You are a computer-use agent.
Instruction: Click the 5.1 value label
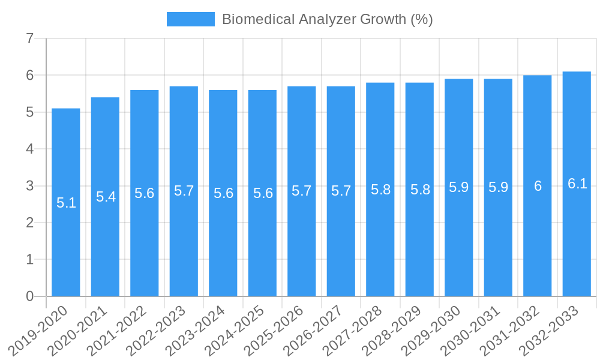(66, 203)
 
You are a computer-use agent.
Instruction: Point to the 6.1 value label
(577, 184)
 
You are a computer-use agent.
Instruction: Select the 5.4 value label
(106, 197)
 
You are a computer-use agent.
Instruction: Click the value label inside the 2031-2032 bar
(538, 187)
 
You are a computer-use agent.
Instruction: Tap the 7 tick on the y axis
(30, 39)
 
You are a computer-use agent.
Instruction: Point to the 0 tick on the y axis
(30, 296)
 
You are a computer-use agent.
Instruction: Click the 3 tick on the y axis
(30, 186)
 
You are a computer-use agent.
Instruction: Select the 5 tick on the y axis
(30, 112)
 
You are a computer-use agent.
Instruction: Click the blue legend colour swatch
(190, 19)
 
